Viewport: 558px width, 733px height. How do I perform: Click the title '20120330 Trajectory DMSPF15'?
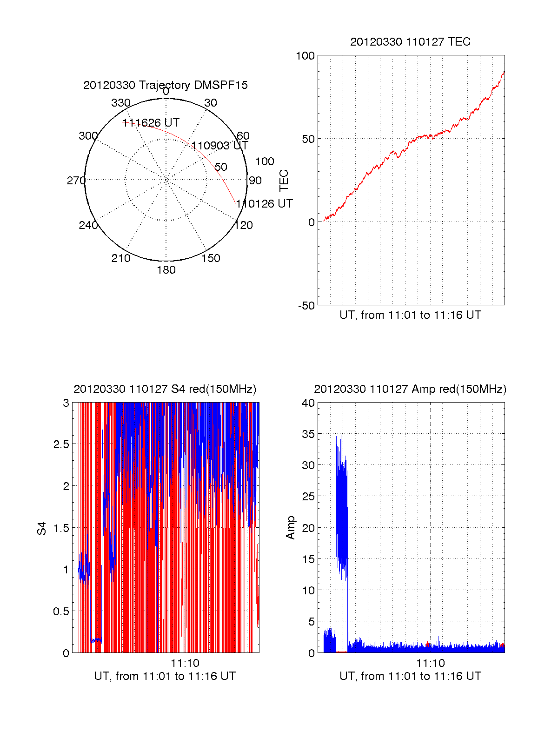coord(166,85)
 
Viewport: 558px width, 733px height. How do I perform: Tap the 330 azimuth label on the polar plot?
coord(121,103)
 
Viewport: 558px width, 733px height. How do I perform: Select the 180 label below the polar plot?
coord(166,270)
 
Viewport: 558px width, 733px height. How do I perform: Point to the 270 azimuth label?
coord(76,181)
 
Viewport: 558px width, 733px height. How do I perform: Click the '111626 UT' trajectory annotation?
coord(151,123)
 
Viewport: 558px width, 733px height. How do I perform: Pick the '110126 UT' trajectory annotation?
coord(264,204)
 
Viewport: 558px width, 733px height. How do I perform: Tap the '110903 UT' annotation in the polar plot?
coord(220,146)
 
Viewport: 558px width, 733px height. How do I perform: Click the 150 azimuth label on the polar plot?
coord(211,258)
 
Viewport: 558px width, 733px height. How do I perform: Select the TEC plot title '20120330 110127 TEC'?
coord(410,42)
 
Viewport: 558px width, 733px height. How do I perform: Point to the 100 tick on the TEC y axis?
coord(305,56)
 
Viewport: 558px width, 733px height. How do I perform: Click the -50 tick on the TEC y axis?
coord(306,306)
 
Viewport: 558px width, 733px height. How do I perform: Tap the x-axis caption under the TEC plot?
coord(410,315)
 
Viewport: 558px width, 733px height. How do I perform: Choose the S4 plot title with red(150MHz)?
coord(165,389)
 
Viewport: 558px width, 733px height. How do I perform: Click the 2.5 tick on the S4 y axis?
coord(61,444)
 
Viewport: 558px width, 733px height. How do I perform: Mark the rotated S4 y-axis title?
coord(42,529)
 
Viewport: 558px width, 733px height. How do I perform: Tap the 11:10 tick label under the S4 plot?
coord(185,663)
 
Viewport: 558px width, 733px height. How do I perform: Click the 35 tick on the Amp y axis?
coord(308,434)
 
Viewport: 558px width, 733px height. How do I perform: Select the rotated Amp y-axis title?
coord(291,528)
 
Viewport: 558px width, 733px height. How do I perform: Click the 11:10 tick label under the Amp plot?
coord(430,663)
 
